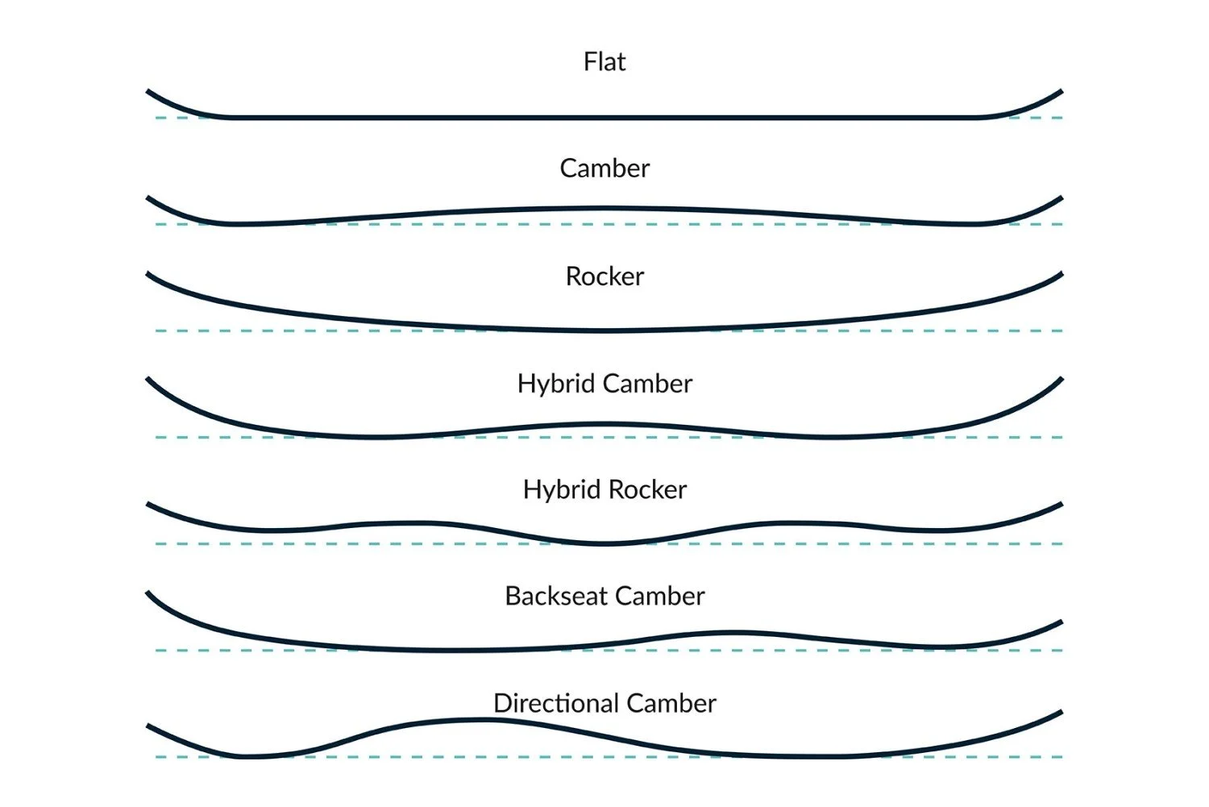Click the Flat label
pos(604,62)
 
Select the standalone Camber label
pos(604,168)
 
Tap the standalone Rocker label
pos(604,277)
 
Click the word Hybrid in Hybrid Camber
pos(556,384)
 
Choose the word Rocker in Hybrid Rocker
pos(648,490)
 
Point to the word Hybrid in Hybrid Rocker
pos(562,490)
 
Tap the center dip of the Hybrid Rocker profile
pos(606,544)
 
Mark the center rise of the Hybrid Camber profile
pos(604,424)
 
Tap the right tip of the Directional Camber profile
pos(1059,713)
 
